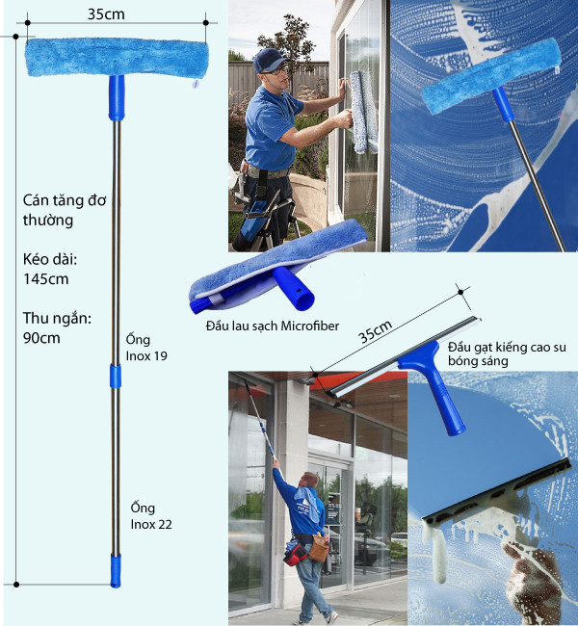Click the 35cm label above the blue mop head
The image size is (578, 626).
coord(106,13)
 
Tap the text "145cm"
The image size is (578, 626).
coord(46,279)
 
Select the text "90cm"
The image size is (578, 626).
coord(41,338)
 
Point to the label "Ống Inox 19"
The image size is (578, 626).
coord(146,348)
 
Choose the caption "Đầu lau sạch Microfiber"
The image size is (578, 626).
coord(273,326)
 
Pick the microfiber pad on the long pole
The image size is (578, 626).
coord(117,57)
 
